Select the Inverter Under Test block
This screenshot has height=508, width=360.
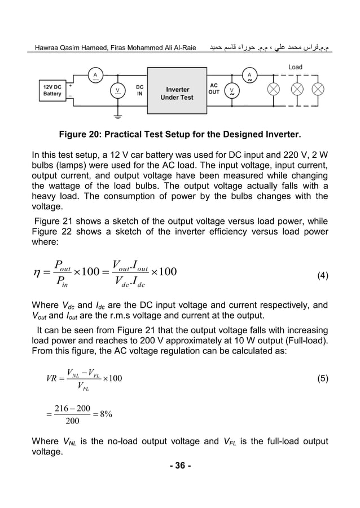pos(177,93)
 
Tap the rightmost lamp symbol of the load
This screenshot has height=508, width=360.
pos(318,90)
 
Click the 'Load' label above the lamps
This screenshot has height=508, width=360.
pos(295,67)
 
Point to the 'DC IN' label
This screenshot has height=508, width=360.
pos(139,90)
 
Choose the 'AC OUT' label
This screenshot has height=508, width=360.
pos(214,89)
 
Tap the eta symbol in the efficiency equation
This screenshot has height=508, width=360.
pos(40,275)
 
